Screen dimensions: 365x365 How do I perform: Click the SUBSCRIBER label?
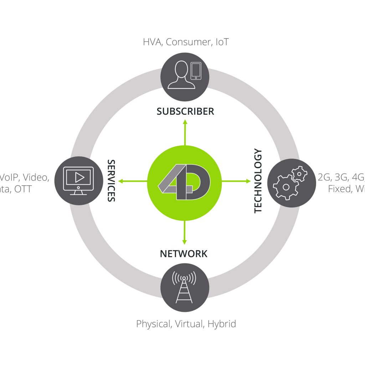click(x=185, y=111)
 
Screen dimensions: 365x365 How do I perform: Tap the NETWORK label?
click(x=184, y=254)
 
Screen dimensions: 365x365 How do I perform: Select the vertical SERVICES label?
click(x=112, y=181)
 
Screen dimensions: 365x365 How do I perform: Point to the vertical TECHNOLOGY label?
click(x=258, y=181)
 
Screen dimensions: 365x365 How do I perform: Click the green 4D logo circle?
click(x=184, y=181)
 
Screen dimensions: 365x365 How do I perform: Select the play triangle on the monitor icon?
click(x=79, y=177)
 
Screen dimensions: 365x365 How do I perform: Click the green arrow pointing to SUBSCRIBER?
click(x=185, y=132)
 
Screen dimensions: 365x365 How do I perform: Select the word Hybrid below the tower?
click(x=221, y=324)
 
